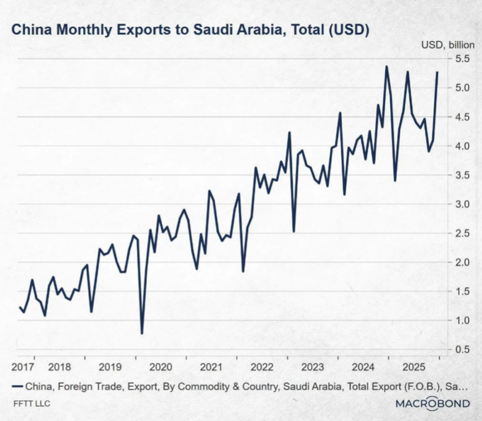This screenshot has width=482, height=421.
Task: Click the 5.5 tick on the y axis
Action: [x=461, y=59]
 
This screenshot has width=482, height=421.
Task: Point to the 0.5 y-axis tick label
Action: [x=461, y=349]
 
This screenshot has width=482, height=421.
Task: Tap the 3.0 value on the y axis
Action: [x=461, y=204]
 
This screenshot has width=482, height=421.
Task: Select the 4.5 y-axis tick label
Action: [x=461, y=117]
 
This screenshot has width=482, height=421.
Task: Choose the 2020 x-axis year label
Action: [x=160, y=367]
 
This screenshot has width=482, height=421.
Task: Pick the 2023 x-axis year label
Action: [x=312, y=367]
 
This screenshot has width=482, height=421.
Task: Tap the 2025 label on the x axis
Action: [x=414, y=367]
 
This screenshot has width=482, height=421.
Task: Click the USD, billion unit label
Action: [x=445, y=45]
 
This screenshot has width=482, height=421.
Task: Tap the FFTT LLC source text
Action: [x=32, y=404]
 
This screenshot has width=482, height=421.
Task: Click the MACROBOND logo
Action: [x=432, y=403]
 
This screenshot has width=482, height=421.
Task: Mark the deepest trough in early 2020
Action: [x=142, y=333]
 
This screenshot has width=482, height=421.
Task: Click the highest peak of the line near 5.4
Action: [x=386, y=66]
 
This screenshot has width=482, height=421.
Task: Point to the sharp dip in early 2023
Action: [x=294, y=231]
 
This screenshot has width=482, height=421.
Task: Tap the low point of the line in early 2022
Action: [x=243, y=271]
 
